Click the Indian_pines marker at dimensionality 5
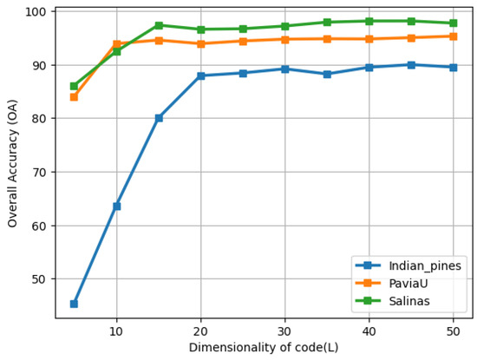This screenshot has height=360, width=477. [74, 304]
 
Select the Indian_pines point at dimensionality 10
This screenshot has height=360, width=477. [116, 206]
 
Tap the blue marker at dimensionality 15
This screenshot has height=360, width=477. [159, 118]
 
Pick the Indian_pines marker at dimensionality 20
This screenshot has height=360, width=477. [200, 75]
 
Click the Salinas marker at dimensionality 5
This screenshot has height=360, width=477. [74, 86]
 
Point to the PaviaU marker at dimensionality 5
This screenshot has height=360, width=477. [74, 96]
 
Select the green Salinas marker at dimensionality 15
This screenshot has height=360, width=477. [159, 25]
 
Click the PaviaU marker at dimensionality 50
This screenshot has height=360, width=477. [454, 36]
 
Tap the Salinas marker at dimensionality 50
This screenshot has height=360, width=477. [454, 23]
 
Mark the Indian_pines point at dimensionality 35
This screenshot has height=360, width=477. [327, 74]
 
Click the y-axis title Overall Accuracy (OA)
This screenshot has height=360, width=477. [13, 163]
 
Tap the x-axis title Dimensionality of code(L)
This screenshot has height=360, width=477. [264, 348]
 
